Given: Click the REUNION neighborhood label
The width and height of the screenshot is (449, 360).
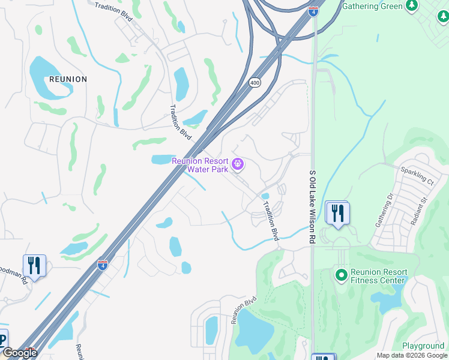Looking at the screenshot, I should point(67,79).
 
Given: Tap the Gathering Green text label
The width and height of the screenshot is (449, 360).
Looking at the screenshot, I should point(372,7).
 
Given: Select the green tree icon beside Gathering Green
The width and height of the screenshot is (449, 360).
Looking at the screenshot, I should point(411,6).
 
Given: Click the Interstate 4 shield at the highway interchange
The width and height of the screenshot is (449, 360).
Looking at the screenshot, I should point(313,10).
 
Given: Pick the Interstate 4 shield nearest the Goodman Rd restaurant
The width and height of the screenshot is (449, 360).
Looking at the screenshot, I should point(103,265).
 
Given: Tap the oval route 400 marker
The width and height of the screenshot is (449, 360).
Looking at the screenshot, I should point(255,83).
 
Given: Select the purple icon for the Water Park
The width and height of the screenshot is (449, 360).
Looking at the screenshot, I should point(238,164).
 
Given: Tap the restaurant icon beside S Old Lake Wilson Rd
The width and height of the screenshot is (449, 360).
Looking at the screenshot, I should point(337,213).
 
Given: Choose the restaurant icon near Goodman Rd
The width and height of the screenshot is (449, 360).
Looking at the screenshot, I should point(34,266).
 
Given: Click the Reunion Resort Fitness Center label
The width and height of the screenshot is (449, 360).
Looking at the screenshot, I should point(379,276).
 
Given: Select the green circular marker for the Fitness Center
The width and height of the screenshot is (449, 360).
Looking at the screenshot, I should point(341,275).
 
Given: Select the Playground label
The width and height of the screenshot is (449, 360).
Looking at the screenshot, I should point(423,346).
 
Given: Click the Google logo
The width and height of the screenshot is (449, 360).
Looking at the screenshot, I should point(19,353).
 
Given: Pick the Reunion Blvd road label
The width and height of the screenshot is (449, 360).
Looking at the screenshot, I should point(244,310).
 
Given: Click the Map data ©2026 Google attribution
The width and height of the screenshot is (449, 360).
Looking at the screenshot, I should point(412,355).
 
